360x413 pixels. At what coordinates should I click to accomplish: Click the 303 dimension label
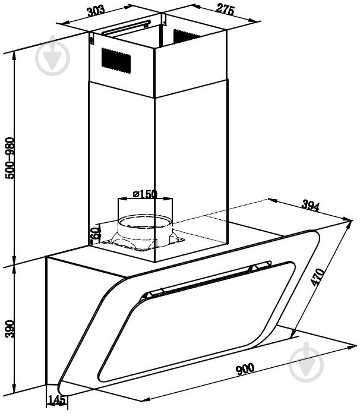coord(96,11)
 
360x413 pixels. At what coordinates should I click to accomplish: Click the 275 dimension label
coord(225,10)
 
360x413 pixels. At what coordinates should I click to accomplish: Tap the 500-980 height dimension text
coord(11,158)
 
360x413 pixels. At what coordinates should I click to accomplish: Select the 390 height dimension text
coord(11,329)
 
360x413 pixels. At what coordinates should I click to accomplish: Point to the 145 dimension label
coord(56,400)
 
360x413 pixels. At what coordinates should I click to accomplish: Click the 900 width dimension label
coord(245,369)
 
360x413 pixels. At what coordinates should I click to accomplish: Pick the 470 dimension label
coord(317,277)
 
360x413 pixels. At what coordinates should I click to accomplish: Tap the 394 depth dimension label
coord(311,206)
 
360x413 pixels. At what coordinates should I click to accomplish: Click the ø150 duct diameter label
coord(145,194)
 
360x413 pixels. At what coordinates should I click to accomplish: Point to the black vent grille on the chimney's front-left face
coord(116,61)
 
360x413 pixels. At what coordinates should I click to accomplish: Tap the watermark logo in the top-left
coord(53,56)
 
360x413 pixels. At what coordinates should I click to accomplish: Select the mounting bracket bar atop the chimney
coord(127,27)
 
